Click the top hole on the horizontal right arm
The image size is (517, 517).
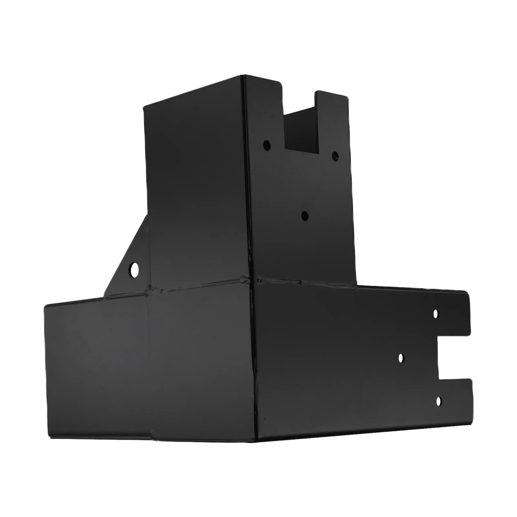436,313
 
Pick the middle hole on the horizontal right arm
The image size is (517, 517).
401,358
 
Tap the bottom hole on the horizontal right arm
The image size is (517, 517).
438,401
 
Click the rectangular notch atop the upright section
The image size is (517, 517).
300,129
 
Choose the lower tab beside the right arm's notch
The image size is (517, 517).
456,401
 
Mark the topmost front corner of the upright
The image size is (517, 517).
244,76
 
